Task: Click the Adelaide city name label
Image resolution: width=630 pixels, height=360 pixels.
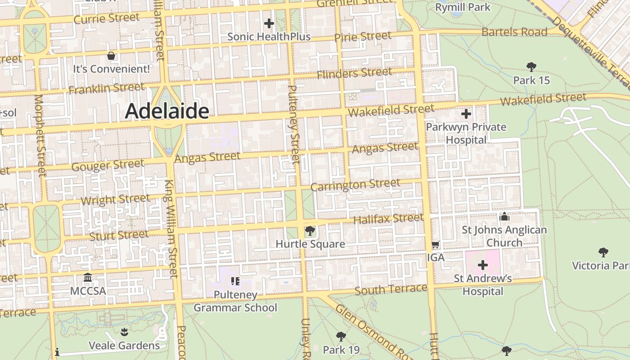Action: pos(167,111)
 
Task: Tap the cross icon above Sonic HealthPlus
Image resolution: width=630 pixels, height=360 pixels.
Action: pos(269,23)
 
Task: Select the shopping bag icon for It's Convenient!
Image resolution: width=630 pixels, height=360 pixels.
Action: pos(111,56)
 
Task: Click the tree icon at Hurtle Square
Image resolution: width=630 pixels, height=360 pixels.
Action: pos(310,231)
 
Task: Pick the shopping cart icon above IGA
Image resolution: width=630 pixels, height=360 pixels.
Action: pos(435,245)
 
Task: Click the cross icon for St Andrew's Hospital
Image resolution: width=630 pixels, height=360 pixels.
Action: pos(482,265)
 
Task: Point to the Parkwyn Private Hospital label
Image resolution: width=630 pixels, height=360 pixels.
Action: pos(466,133)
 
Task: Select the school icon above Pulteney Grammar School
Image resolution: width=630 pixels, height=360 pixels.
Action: pos(235,282)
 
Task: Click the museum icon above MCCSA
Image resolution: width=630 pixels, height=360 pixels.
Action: pos(88,278)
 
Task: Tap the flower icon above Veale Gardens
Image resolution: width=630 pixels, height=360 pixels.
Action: pos(124,333)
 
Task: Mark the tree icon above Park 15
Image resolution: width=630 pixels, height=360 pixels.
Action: pos(531,67)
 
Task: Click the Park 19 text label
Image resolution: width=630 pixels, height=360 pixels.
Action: pos(341,350)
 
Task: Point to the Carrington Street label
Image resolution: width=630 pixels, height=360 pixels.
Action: pos(355,185)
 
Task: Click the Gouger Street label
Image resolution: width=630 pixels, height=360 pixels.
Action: pos(108,165)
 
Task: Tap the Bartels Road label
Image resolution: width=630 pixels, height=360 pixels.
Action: pos(514,32)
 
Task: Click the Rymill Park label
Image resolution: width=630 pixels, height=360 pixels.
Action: pos(463,7)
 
